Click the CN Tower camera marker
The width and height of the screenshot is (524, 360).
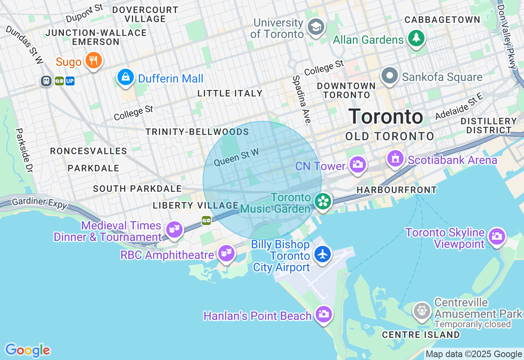coord(357,165)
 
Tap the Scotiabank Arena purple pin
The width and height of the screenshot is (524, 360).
coord(395,159)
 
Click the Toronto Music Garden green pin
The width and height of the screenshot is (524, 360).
coord(323,201)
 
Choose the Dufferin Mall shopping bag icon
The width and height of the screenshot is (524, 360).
coord(126,77)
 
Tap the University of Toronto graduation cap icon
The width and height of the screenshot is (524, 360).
coord(316,27)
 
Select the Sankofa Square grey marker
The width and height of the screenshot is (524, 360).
coord(390,76)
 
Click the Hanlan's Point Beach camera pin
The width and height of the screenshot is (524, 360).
coord(324,314)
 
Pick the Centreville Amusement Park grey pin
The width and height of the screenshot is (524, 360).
coord(422,311)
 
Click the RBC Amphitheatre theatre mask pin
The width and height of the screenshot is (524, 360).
coord(226,254)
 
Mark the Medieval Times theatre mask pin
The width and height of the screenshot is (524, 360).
coord(174,229)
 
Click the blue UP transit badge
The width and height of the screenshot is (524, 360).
coord(70,81)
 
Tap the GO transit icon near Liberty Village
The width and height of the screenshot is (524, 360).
coord(206,221)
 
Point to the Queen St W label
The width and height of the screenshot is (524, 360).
coord(236,157)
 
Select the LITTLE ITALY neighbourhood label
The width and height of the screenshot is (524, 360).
coord(230,93)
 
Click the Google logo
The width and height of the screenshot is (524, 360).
coord(27,350)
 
